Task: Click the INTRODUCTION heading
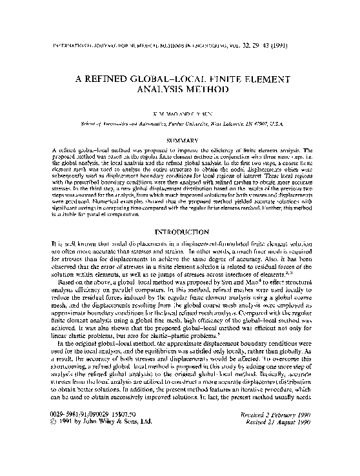[180, 230]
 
